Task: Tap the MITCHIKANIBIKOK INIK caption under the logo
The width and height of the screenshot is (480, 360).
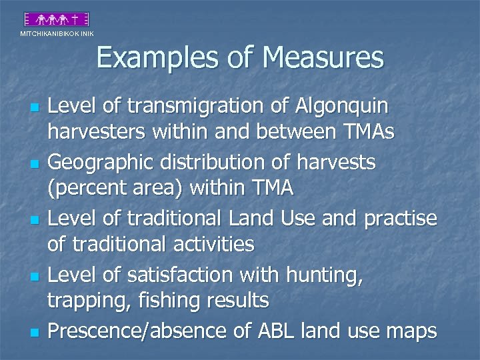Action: click(x=57, y=33)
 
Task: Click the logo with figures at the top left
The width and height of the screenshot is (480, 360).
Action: click(x=57, y=19)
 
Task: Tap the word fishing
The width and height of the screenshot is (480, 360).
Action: click(x=165, y=300)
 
